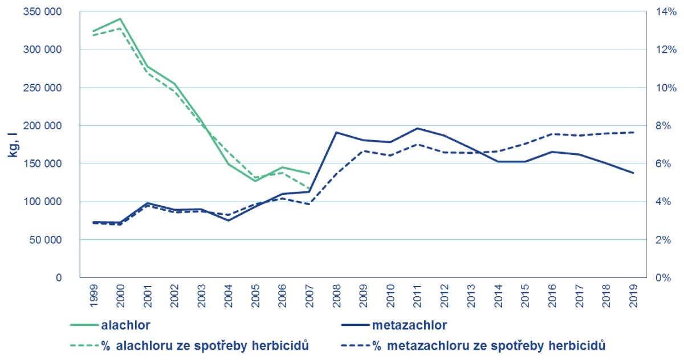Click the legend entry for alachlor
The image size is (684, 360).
click(x=125, y=326)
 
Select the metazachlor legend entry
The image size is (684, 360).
click(x=409, y=326)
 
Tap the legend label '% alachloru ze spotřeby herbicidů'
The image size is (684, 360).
click(x=205, y=345)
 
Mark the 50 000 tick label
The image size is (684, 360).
click(x=43, y=240)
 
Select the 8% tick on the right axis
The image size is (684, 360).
click(x=663, y=125)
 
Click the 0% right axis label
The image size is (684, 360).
click(x=663, y=277)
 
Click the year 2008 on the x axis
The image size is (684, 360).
click(x=336, y=297)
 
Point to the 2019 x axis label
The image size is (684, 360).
click(x=633, y=297)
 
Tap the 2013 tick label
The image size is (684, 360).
click(x=471, y=297)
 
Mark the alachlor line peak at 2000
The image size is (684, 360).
click(x=120, y=19)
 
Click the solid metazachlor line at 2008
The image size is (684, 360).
click(x=336, y=132)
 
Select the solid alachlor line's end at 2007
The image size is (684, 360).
click(x=309, y=173)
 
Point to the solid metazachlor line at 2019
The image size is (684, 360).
click(x=633, y=173)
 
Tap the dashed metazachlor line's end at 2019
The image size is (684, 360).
click(x=633, y=132)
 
